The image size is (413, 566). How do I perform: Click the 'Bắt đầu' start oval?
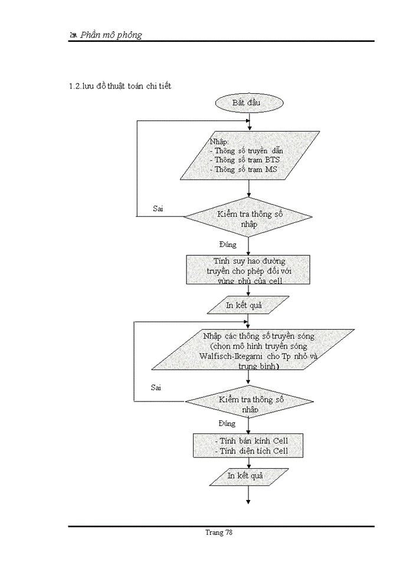(250, 103)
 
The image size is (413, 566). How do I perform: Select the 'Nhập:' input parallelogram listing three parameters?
(250, 155)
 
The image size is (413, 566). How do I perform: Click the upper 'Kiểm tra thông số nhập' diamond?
(248, 218)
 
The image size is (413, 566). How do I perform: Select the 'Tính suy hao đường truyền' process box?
(248, 270)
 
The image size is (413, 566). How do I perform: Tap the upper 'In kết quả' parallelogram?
(248, 305)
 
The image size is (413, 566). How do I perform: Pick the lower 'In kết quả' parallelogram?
(249, 476)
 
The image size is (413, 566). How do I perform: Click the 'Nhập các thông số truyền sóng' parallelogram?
(252, 349)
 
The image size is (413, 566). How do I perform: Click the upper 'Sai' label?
(158, 209)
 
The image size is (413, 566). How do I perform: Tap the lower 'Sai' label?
(156, 387)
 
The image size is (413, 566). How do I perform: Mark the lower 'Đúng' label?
(227, 423)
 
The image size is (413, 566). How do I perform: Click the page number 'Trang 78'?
(219, 532)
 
